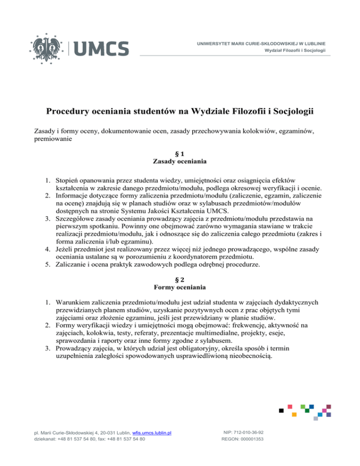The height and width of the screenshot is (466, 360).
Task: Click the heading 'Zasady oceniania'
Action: (x=180, y=162)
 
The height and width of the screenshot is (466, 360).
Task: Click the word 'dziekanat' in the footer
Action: (x=45, y=440)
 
